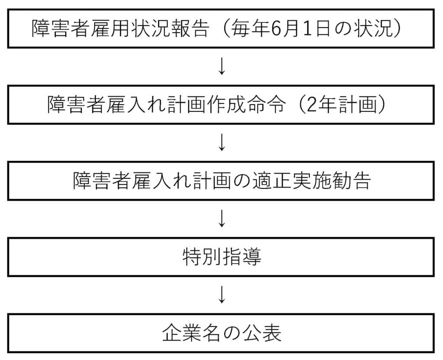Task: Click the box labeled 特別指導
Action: click(221, 258)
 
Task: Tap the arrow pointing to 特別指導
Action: click(221, 219)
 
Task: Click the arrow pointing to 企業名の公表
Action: click(221, 295)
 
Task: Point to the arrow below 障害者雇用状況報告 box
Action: click(221, 67)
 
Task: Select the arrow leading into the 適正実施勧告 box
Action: click(221, 143)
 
